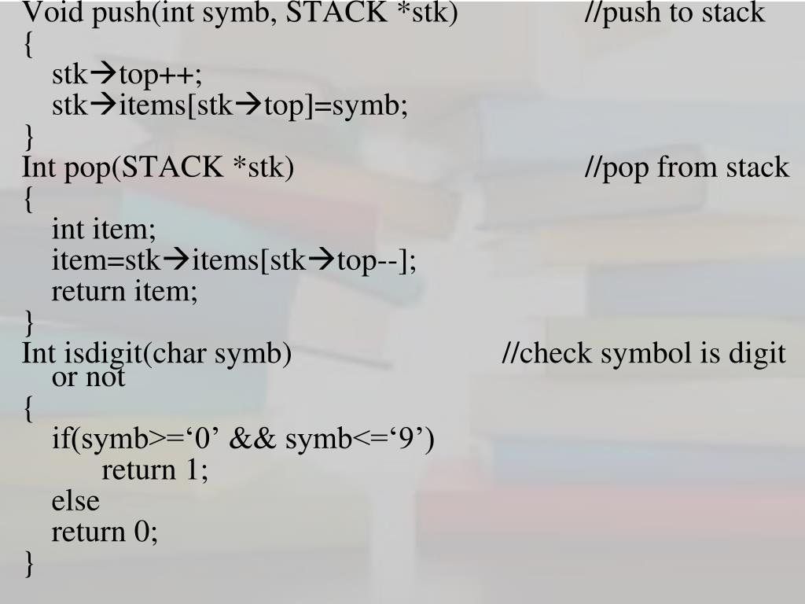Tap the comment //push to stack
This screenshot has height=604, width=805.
[675, 13]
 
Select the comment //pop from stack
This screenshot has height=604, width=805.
[686, 168]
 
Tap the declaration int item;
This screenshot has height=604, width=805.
[104, 230]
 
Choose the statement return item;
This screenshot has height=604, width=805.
[125, 292]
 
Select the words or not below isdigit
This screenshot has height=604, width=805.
[88, 378]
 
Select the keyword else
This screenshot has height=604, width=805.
[75, 501]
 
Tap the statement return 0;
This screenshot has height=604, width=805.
[105, 532]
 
